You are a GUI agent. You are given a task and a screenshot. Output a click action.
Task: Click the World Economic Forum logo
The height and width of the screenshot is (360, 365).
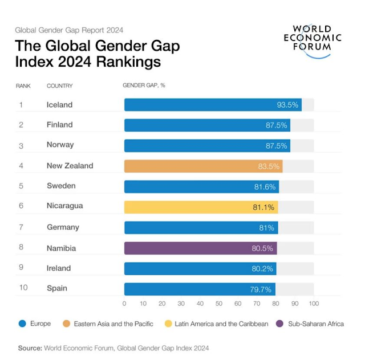[316, 40]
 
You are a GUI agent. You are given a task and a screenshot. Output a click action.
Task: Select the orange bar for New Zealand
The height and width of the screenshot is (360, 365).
[203, 166]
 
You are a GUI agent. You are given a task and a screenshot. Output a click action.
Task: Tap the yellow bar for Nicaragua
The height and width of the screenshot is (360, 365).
[201, 207]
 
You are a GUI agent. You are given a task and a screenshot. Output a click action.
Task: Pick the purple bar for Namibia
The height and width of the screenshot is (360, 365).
[200, 248]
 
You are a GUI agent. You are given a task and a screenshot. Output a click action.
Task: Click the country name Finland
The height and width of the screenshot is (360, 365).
[59, 125]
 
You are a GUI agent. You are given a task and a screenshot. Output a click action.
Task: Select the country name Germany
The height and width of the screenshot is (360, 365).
[63, 227]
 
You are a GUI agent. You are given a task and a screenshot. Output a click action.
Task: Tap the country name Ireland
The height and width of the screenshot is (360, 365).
[59, 268]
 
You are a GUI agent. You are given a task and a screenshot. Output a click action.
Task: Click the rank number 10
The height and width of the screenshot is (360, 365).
[23, 288]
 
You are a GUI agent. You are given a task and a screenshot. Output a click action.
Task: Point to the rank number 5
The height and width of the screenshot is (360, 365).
[21, 186]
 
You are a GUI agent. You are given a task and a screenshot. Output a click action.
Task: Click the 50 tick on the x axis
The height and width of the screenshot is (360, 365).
[219, 304]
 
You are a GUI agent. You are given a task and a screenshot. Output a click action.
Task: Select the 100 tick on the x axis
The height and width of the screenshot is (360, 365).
[314, 304]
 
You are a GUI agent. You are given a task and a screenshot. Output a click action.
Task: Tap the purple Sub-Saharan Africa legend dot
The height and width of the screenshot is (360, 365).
[279, 324]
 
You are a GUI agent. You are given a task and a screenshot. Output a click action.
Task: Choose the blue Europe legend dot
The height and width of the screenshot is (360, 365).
[22, 324]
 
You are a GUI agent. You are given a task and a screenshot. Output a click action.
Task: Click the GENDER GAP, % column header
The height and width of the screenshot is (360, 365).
[144, 86]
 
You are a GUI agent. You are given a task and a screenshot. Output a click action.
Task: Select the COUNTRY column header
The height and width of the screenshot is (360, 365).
[59, 86]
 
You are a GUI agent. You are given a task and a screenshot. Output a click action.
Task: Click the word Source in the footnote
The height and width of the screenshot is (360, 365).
[30, 347]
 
